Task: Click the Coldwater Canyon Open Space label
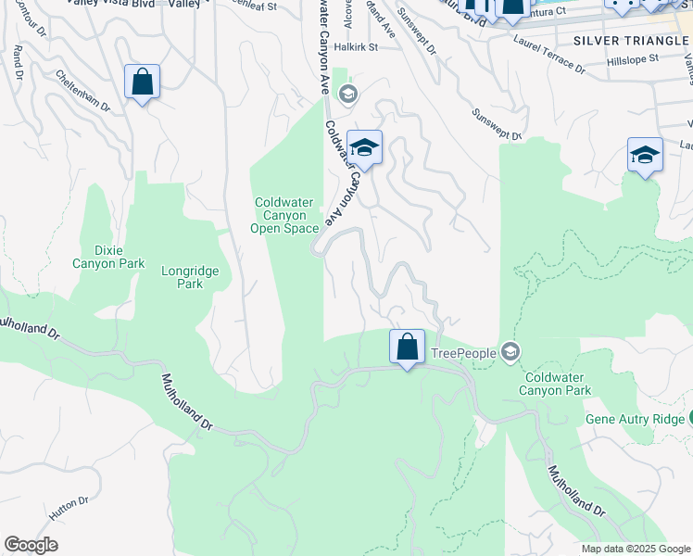click(x=287, y=215)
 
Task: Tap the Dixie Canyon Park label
click(x=107, y=257)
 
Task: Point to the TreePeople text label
click(x=463, y=353)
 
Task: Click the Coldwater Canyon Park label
click(x=557, y=384)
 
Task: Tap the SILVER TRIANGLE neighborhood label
click(x=629, y=41)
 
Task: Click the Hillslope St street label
click(x=632, y=58)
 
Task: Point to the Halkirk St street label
click(x=357, y=46)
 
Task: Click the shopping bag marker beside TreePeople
click(x=407, y=348)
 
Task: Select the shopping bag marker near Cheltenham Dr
click(x=142, y=82)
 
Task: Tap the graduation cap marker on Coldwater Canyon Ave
click(x=364, y=148)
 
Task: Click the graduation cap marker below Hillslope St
click(x=645, y=155)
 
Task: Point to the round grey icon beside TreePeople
click(x=510, y=352)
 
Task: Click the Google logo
click(x=31, y=545)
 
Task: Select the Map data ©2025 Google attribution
click(x=636, y=549)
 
